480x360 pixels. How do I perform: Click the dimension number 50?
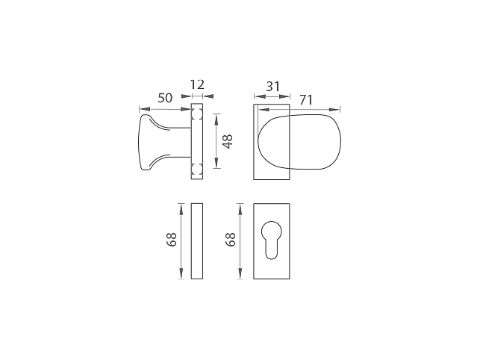pyautogui.click(x=165, y=98)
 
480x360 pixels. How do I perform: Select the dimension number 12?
pyautogui.click(x=197, y=84)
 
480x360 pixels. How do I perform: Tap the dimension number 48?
pyautogui.click(x=228, y=142)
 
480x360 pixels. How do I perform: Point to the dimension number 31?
pyautogui.click(x=272, y=87)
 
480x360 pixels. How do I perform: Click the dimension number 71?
pyautogui.click(x=306, y=100)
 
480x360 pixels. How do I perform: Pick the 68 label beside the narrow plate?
pyautogui.click(x=172, y=240)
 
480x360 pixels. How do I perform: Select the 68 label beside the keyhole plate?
pyautogui.click(x=231, y=240)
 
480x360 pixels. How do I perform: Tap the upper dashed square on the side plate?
pyautogui.click(x=197, y=114)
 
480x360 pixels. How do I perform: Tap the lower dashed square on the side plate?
pyautogui.click(x=197, y=170)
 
